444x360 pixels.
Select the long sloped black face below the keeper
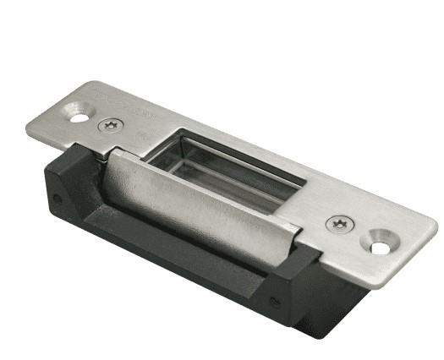tap(169, 249)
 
